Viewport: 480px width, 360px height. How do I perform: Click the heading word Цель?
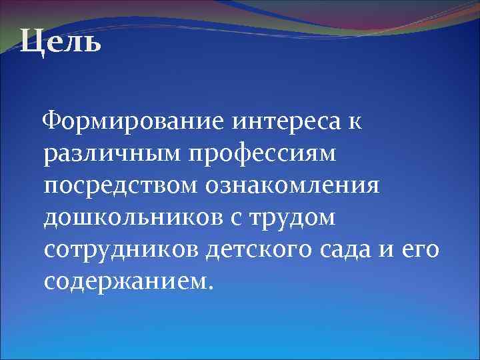[x=61, y=43]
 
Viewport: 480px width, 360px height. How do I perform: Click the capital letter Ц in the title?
[x=31, y=43]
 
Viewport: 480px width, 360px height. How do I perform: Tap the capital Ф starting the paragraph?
[x=53, y=123]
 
